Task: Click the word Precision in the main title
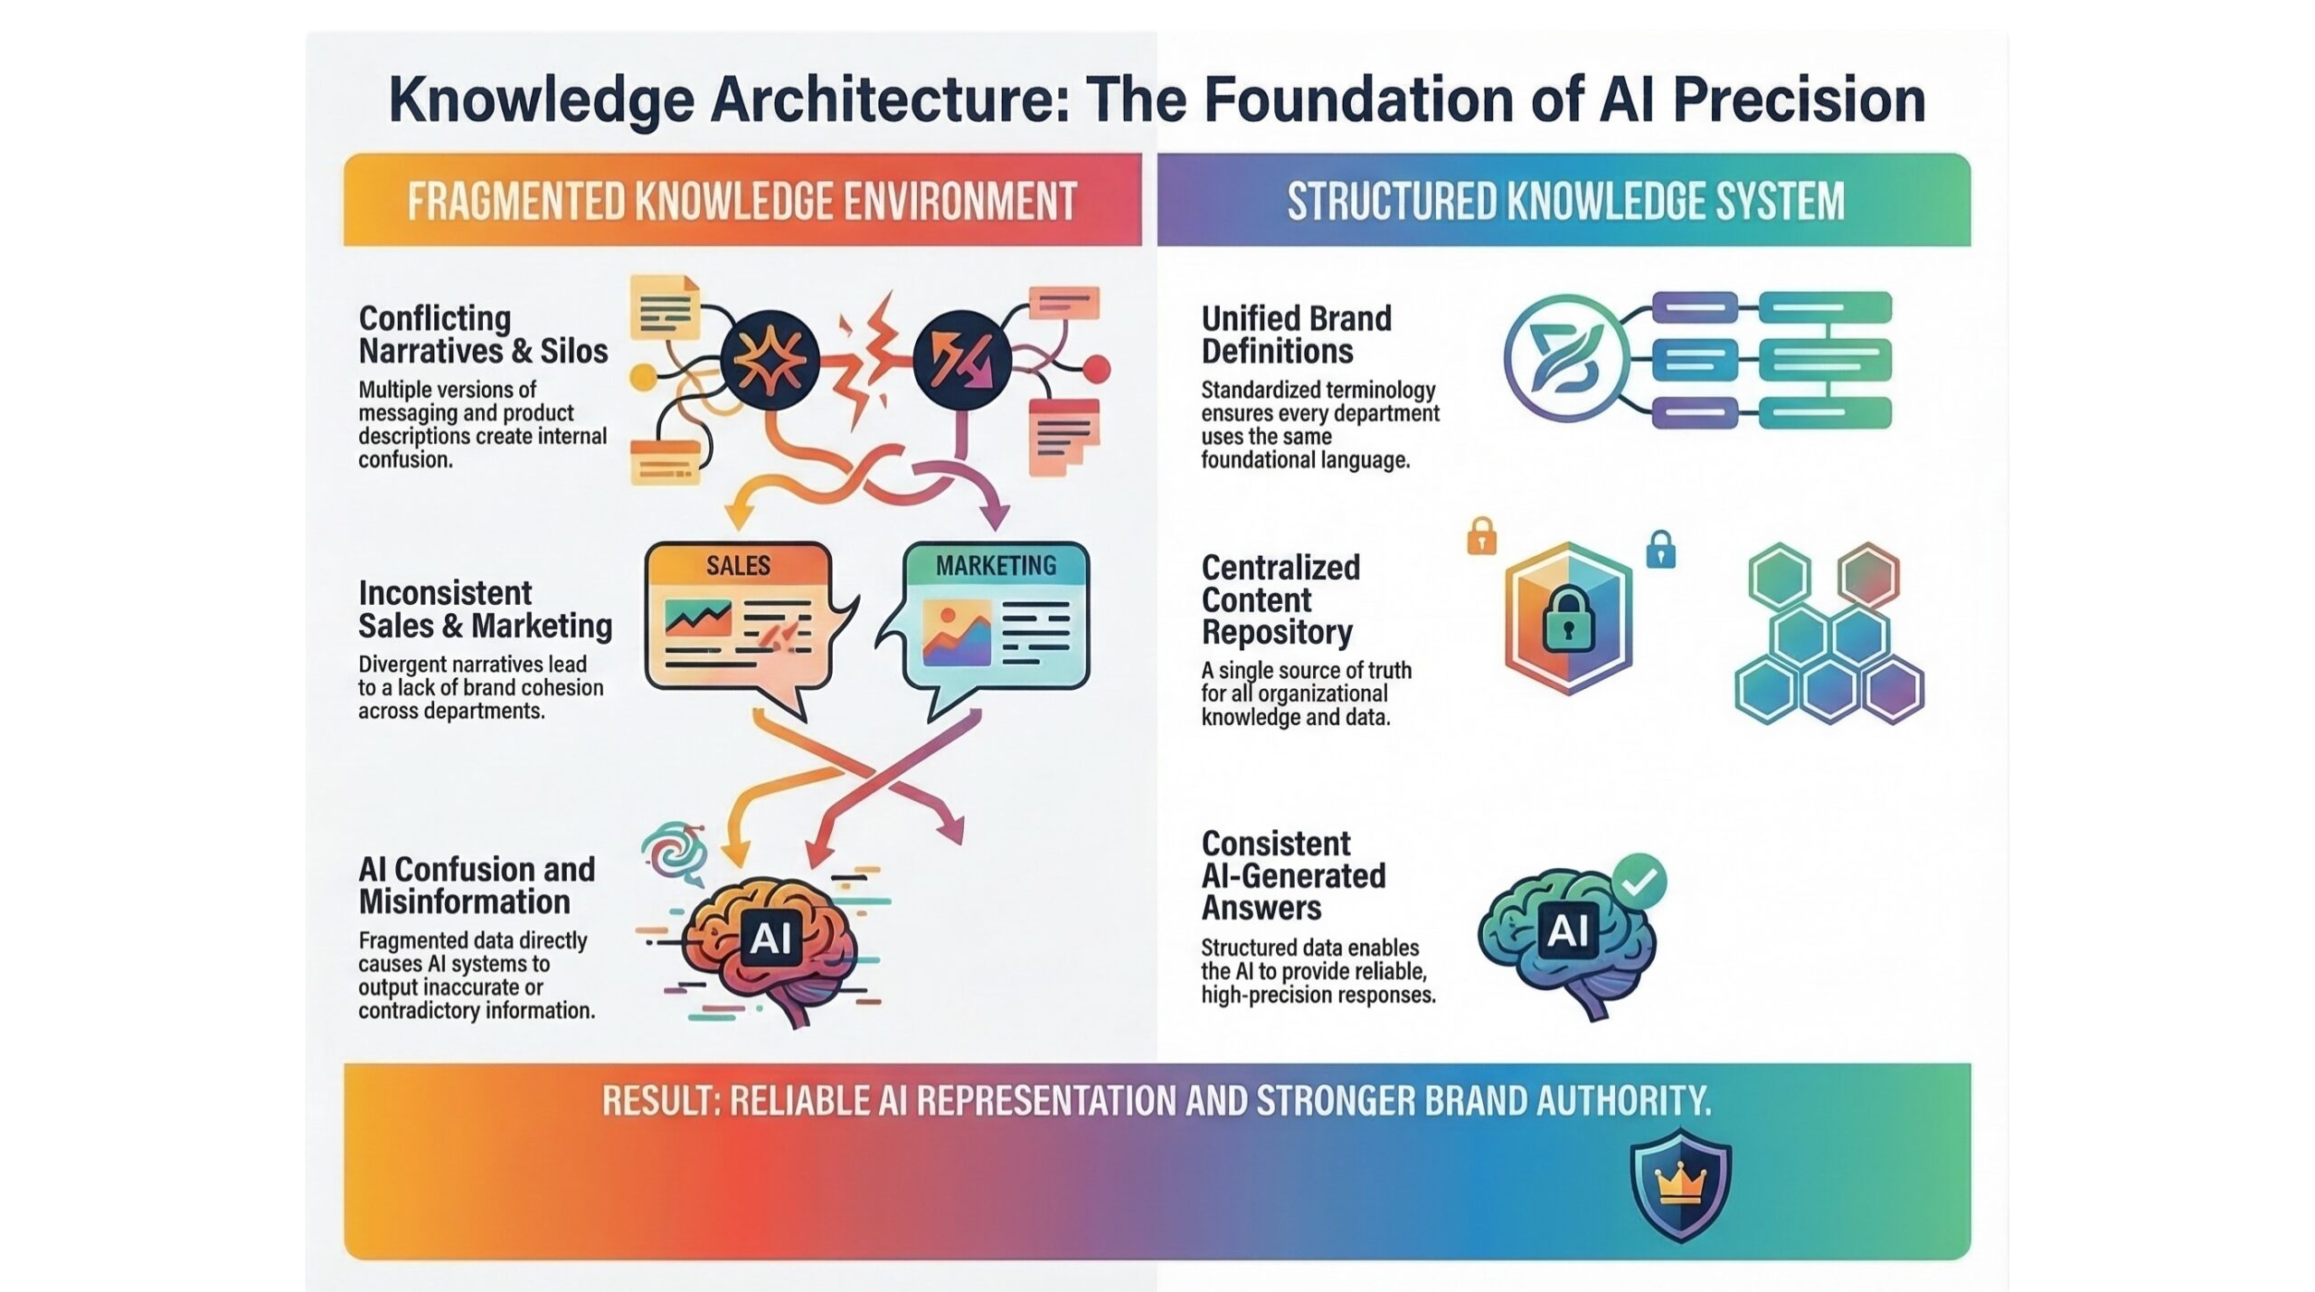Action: pos(1799,101)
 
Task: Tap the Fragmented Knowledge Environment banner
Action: pos(742,201)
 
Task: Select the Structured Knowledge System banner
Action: pos(1564,201)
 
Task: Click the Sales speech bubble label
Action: pos(738,566)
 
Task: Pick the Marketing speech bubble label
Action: pos(996,566)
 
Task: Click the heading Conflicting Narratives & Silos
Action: pos(482,335)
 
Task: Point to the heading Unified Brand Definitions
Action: pos(1296,335)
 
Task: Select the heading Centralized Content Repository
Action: pos(1280,599)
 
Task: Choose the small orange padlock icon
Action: pos(1481,538)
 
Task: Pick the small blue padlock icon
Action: pos(1660,549)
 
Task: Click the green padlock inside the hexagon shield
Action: pos(1567,619)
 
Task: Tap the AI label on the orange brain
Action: pos(770,938)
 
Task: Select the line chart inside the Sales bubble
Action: pos(697,618)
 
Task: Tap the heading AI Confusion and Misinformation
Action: pos(477,885)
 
